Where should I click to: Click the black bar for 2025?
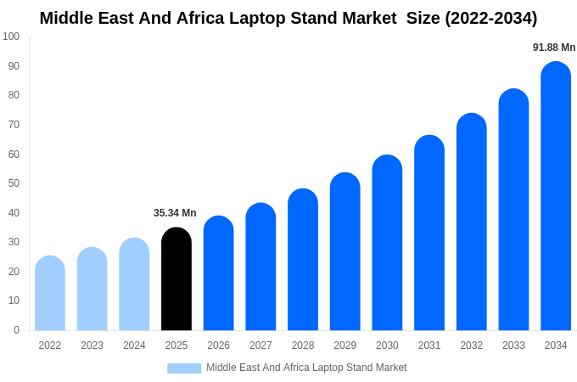click(176, 279)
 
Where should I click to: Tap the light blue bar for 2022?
click(50, 294)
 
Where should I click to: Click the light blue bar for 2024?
click(134, 284)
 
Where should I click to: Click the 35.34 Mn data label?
click(175, 213)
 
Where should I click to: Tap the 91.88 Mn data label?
click(554, 48)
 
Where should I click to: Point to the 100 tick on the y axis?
click(11, 37)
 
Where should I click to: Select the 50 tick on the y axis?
click(14, 183)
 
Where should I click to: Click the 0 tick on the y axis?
click(16, 330)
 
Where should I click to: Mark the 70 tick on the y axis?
click(14, 125)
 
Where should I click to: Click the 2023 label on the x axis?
click(92, 345)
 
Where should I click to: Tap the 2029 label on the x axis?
click(345, 345)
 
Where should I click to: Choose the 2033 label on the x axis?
click(513, 345)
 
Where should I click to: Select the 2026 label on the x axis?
click(218, 345)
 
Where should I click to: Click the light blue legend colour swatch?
click(184, 368)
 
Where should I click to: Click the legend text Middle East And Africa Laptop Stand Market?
click(306, 368)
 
